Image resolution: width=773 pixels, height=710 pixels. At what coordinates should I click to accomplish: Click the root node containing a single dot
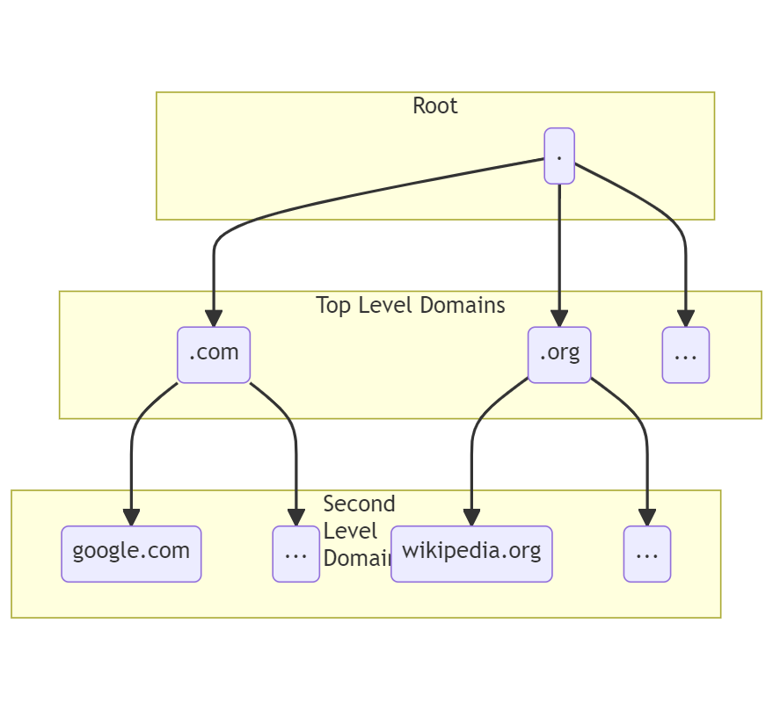click(x=559, y=156)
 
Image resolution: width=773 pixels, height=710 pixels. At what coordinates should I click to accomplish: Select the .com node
click(x=214, y=354)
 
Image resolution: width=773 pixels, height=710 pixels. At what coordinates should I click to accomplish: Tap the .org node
click(x=559, y=354)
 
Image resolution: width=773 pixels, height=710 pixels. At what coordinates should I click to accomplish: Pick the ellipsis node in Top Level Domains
click(x=685, y=355)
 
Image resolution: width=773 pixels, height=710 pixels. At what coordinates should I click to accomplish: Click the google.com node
click(x=131, y=554)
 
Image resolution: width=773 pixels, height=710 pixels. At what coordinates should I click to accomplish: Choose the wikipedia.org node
click(x=471, y=554)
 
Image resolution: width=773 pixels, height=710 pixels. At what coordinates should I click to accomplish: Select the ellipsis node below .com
click(x=295, y=554)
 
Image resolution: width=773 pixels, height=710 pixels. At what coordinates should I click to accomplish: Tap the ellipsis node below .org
click(x=647, y=554)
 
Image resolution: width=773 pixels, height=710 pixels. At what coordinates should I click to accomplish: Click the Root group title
click(x=435, y=106)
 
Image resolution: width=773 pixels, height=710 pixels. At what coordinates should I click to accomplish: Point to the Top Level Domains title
click(x=410, y=305)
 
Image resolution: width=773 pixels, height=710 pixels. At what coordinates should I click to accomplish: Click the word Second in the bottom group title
click(x=359, y=504)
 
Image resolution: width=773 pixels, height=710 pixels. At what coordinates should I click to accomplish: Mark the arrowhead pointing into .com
click(x=214, y=318)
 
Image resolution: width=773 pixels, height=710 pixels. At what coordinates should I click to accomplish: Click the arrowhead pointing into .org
click(x=559, y=318)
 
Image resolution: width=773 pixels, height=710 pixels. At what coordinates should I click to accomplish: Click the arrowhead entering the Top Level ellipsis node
click(x=685, y=318)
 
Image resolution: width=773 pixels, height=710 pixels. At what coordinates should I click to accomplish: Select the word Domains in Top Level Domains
click(x=463, y=305)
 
